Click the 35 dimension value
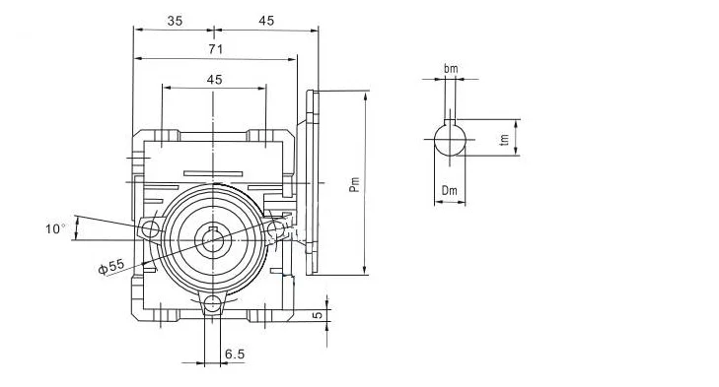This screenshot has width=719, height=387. click(x=175, y=21)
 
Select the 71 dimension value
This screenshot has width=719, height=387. click(x=216, y=49)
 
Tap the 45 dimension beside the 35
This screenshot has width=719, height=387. click(x=266, y=21)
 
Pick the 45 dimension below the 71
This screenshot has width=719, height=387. click(x=214, y=80)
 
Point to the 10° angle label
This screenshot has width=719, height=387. click(x=55, y=228)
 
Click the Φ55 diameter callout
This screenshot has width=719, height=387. click(x=111, y=267)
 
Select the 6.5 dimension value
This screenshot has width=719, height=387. click(x=235, y=355)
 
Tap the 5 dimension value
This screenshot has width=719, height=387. click(x=318, y=315)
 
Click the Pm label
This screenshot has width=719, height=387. click(x=354, y=184)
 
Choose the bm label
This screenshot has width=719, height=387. click(x=451, y=69)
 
